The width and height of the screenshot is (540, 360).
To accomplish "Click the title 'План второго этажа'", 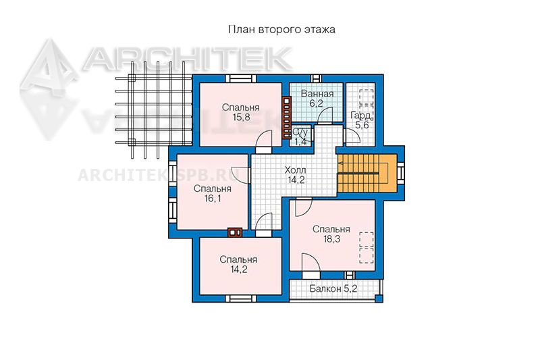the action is (281, 30).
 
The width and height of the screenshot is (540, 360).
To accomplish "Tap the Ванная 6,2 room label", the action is (317, 98).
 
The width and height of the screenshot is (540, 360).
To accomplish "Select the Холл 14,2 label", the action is (296, 175).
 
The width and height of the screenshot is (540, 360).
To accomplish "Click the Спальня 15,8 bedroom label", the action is (241, 112).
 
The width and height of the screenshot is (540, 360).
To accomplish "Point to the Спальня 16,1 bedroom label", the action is (212, 194).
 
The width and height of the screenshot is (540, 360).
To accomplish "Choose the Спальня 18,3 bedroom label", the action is (331, 234).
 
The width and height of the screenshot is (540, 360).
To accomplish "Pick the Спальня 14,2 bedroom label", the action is (239, 264).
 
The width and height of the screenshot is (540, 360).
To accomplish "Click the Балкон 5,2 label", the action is (333, 288).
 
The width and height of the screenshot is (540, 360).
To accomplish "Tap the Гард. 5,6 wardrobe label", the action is (360, 120).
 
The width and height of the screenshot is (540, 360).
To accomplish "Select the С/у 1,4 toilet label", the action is (300, 136).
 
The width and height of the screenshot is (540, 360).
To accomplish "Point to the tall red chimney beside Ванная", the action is (286, 118).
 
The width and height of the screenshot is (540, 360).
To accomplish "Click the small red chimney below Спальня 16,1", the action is (235, 232).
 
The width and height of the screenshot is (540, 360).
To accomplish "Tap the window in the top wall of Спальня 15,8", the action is (241, 78).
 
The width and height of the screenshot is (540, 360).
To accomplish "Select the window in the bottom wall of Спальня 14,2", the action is (241, 299).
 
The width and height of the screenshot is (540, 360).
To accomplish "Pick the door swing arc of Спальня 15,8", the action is (262, 138).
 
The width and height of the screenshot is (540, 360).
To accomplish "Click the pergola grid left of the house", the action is (154, 110).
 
